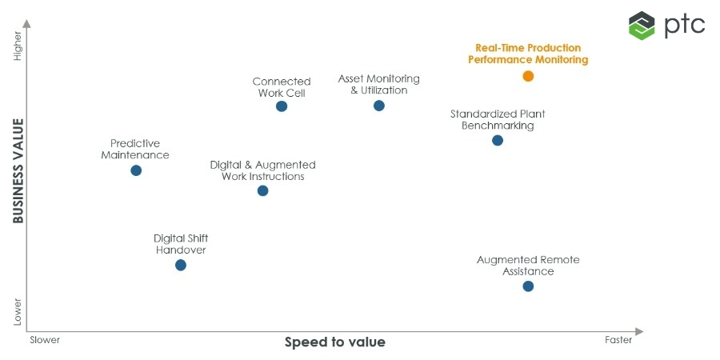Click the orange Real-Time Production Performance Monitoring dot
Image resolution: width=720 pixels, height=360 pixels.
coord(528,76)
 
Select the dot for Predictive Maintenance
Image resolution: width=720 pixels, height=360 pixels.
coord(136,170)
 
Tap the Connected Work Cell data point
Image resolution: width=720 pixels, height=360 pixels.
coord(282,106)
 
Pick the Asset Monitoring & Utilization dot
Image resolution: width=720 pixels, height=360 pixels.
coord(379,106)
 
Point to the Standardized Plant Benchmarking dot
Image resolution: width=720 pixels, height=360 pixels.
coord(498,140)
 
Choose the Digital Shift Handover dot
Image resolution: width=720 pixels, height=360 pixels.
coord(181,265)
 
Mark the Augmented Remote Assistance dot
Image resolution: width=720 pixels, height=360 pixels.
coord(528,286)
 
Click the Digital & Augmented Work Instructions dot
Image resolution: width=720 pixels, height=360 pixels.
coord(263,190)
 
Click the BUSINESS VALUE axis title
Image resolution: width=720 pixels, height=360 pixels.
coord(18,171)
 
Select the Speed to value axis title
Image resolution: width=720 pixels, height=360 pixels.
coord(335,342)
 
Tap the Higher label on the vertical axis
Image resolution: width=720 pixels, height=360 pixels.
coord(18,53)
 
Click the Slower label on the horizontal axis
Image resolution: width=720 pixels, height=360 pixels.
coord(45,340)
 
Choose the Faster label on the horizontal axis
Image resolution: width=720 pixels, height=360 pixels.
coord(618,340)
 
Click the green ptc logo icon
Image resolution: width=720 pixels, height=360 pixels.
coord(642,25)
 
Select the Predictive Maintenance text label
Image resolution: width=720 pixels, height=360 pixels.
coord(135,149)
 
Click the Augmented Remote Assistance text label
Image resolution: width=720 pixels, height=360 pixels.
coord(528,266)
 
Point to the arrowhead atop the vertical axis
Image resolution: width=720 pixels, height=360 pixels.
coord(27,24)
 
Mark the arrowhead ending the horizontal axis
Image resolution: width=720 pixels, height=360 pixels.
coord(638,330)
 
